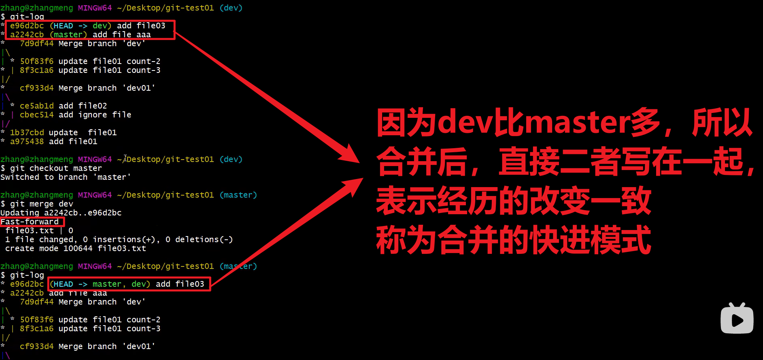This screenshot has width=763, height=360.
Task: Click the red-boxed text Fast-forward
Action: (x=30, y=222)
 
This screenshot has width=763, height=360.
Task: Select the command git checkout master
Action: (x=56, y=168)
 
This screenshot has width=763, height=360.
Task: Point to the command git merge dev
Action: (x=42, y=204)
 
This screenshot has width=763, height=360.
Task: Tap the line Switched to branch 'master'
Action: (x=66, y=177)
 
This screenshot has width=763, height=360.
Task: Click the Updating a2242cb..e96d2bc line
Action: (x=61, y=213)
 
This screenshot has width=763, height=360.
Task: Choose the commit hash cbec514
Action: (x=37, y=115)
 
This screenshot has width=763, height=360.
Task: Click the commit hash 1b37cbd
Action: (x=27, y=132)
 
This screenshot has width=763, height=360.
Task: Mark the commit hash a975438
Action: (x=27, y=141)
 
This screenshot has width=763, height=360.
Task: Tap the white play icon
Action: (x=737, y=319)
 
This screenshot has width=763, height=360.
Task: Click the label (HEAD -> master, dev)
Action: (x=100, y=284)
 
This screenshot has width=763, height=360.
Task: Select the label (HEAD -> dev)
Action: (x=81, y=26)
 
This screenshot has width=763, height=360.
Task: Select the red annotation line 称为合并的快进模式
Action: (x=514, y=240)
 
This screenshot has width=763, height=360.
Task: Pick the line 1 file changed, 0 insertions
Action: (x=119, y=239)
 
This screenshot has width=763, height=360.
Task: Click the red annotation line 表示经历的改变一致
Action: (x=514, y=201)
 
